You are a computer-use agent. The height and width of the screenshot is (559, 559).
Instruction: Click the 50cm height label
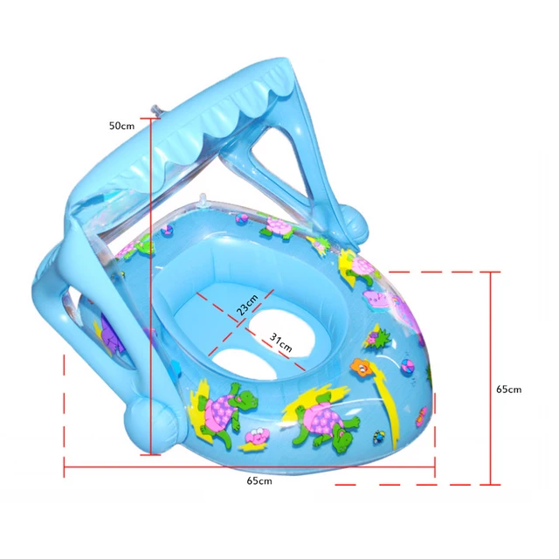click(121, 125)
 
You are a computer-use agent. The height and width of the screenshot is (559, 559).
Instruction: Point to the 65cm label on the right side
click(508, 390)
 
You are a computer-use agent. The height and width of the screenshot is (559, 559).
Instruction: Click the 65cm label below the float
click(259, 481)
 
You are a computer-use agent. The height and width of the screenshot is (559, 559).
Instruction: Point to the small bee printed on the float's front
click(378, 434)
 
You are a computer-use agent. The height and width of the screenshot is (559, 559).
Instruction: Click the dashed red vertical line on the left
click(65, 411)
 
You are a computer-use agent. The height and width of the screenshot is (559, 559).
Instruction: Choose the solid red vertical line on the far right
click(493, 376)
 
